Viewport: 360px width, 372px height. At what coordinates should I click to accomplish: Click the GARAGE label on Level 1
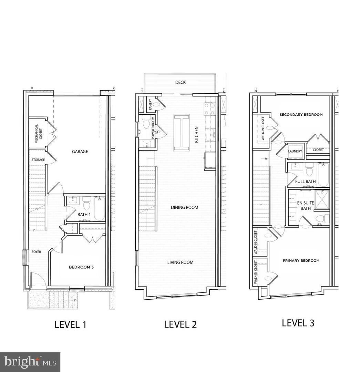tap(80, 151)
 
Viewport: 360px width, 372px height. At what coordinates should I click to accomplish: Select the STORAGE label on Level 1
tap(38, 160)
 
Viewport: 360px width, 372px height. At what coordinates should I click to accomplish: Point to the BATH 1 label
tap(84, 214)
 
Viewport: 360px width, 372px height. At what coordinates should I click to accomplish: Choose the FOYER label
tap(36, 252)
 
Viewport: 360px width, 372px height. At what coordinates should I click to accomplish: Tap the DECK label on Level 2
tap(181, 82)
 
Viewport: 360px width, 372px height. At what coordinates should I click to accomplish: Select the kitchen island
tap(182, 133)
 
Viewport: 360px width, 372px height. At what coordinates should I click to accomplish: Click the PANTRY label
tap(150, 105)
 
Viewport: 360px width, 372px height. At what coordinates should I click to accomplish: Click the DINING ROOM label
tap(185, 207)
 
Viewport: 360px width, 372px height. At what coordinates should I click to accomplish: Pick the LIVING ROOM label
tap(181, 262)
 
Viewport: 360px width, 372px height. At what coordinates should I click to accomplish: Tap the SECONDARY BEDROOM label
tap(301, 114)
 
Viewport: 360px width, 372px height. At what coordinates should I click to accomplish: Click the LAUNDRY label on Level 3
tap(295, 151)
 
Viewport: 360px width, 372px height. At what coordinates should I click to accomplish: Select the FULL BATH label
tap(306, 181)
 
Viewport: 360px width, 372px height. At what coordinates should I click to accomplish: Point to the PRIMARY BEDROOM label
tap(301, 260)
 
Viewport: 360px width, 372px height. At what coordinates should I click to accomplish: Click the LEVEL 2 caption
tap(180, 324)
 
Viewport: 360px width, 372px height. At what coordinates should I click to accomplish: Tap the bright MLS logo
tap(30, 362)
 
